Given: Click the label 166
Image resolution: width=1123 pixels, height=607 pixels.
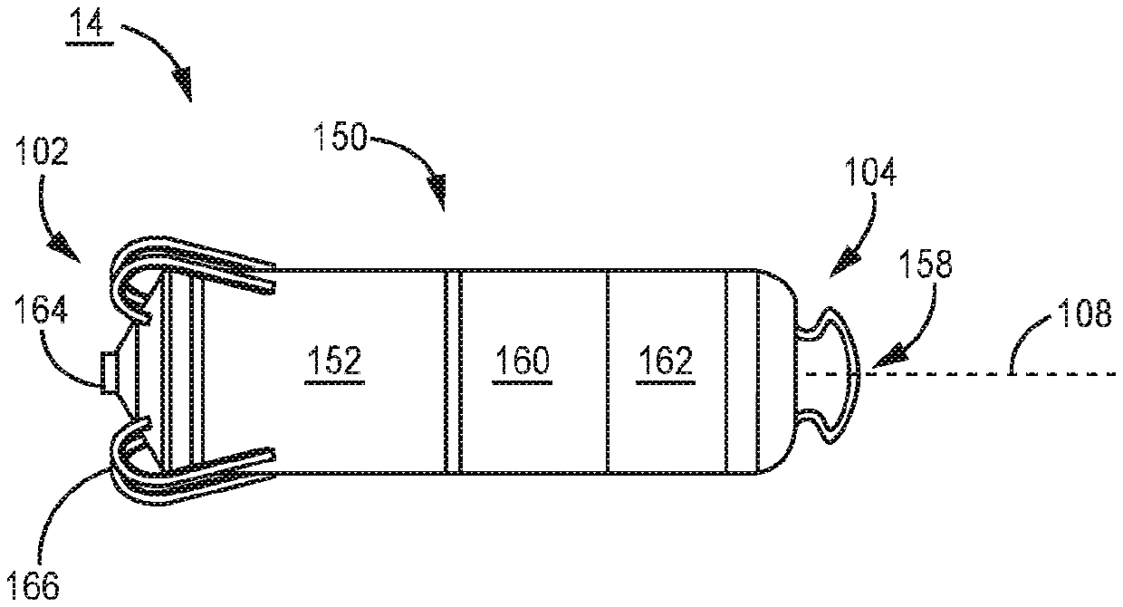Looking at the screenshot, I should click(x=34, y=584).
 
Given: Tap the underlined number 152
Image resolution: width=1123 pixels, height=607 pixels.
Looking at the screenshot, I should click(x=332, y=363).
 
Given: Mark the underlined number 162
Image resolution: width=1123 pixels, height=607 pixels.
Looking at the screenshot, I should click(x=667, y=363).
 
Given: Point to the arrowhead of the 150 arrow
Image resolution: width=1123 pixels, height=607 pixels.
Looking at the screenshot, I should click(x=438, y=195).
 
